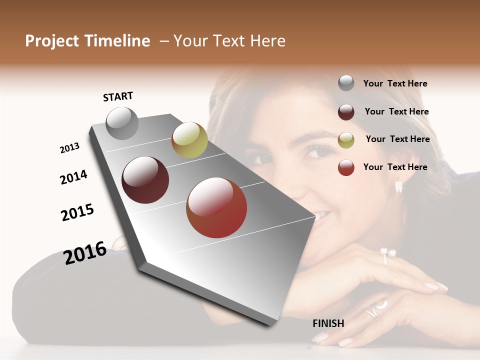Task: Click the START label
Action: pos(118,96)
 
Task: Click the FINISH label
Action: pos(328,323)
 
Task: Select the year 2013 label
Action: pos(69,148)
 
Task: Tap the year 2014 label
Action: pos(73,177)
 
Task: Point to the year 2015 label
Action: pos(77,212)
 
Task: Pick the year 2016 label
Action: pos(85,252)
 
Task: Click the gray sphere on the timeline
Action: pos(122,123)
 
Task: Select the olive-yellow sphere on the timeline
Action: pos(189,140)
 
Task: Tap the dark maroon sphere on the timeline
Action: pos(145,180)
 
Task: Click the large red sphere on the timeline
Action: pos(216,207)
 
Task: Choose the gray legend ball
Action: pos(346,83)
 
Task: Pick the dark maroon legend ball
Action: pos(346,112)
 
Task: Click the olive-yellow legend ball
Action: pos(346,140)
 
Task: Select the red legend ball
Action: pos(346,167)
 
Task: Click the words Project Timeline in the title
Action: pos(87,41)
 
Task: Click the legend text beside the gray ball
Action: pos(395,84)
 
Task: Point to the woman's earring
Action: pos(398,186)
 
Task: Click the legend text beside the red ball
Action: pos(395,167)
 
